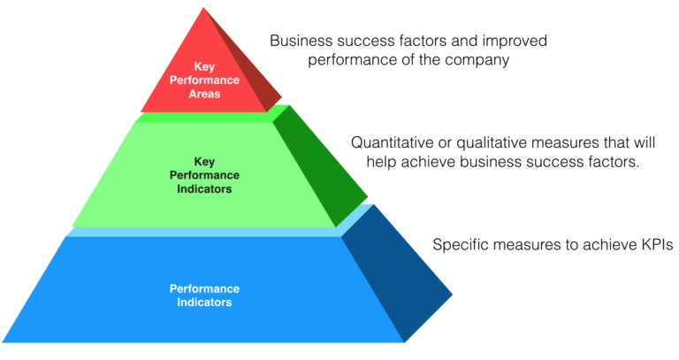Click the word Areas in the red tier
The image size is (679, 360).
click(x=203, y=93)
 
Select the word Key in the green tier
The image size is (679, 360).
click(x=204, y=162)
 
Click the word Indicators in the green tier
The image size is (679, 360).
click(x=204, y=188)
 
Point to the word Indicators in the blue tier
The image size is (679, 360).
click(x=204, y=303)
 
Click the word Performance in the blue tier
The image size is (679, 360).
click(x=204, y=289)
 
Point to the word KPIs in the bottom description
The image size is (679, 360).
click(x=651, y=244)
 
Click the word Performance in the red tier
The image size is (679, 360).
click(x=203, y=80)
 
